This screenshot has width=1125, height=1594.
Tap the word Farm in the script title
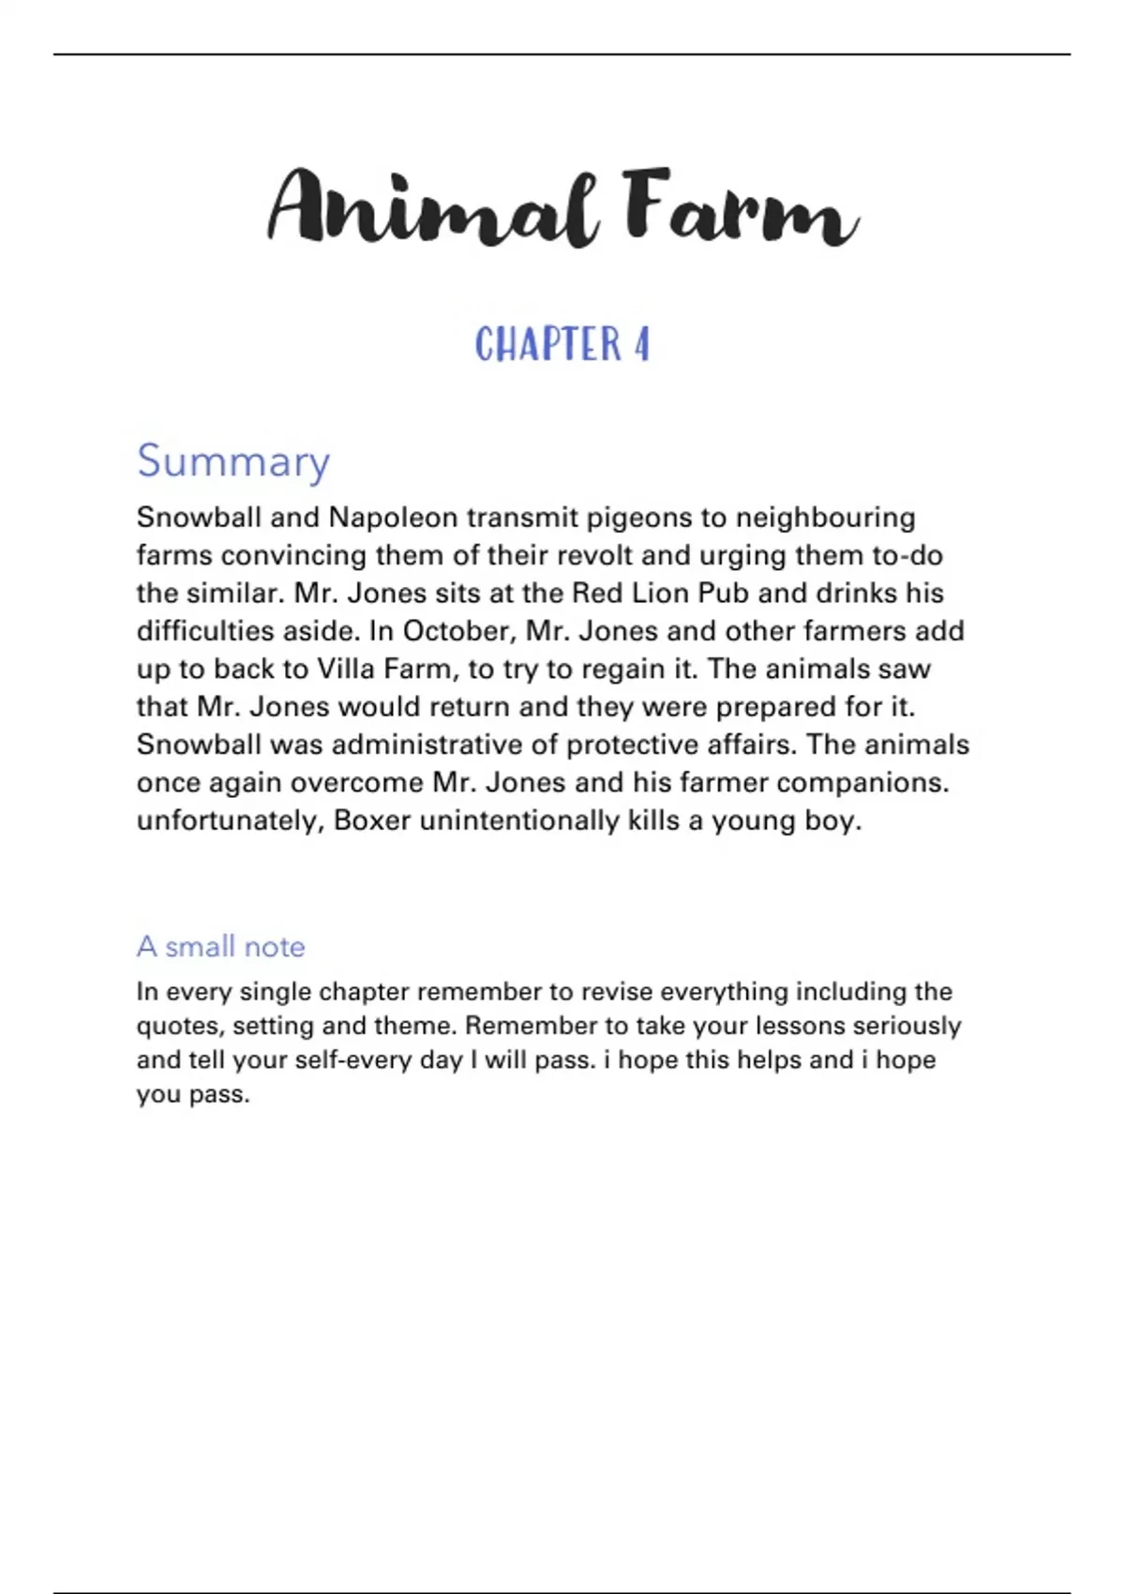740,208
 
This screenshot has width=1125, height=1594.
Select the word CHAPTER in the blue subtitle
547,344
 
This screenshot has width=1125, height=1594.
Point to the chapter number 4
641,344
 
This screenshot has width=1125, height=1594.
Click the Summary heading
233,460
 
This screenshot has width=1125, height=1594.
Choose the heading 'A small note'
221,946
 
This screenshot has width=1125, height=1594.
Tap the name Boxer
372,820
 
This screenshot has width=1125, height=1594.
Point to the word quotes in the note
180,1026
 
